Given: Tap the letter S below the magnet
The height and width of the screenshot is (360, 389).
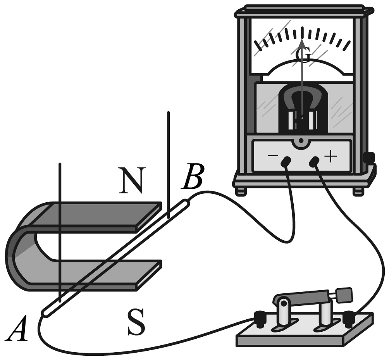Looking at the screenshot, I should coord(136,323).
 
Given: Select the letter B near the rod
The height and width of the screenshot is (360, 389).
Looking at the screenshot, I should coord(193,177).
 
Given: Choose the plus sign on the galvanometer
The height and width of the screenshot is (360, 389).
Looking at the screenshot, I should coord(330,156).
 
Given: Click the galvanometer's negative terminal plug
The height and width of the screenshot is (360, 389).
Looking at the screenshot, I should coord(286,161).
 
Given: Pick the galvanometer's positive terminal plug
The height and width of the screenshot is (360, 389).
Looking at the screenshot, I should coord(315,161).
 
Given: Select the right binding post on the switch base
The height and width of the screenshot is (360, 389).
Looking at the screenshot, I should coord(348,318).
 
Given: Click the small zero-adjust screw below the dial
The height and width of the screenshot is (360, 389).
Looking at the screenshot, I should coord(301,140).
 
